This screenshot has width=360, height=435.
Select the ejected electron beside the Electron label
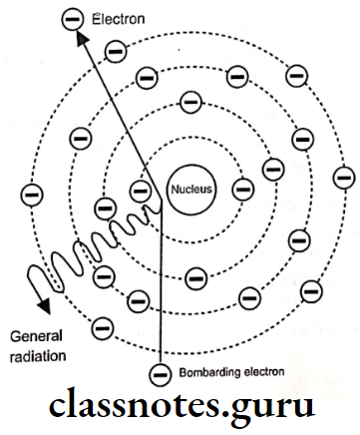(x=69, y=18)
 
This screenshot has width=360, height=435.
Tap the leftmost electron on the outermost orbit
(x=31, y=190)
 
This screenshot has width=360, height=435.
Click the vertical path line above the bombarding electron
(x=160, y=299)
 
